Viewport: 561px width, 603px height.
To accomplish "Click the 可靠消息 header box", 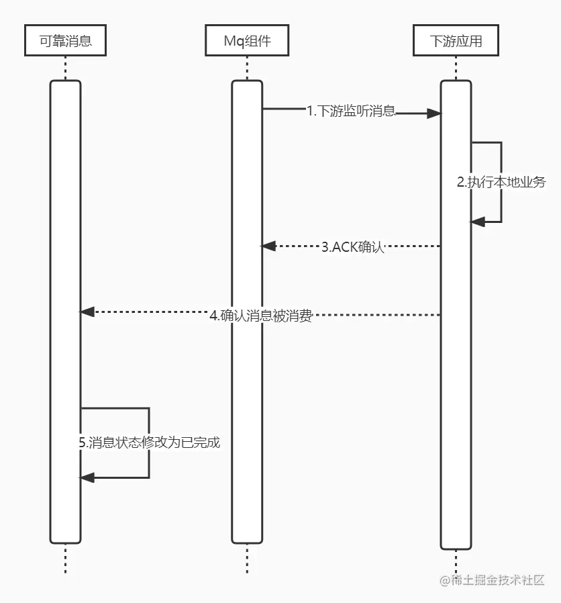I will tap(65, 42).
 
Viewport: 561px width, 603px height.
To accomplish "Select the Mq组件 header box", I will tap(247, 42).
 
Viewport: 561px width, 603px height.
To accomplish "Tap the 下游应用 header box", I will tap(456, 42).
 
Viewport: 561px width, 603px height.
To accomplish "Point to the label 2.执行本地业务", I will tap(501, 182).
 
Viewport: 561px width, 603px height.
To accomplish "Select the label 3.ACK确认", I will tap(352, 246).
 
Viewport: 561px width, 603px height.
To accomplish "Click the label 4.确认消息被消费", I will tap(260, 316).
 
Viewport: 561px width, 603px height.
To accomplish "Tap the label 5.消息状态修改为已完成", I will tap(150, 443).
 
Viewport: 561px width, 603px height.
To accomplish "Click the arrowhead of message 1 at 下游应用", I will tap(434, 113).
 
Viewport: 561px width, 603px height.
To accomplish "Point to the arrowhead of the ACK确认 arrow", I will tap(268, 246).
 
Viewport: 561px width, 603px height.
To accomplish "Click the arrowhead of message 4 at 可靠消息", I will tap(87, 312).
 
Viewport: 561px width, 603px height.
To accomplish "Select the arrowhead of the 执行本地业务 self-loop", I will tap(477, 222).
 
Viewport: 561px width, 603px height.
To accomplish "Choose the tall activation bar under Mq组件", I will tap(247, 403).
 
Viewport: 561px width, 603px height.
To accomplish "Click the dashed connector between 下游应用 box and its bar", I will tap(456, 68).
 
